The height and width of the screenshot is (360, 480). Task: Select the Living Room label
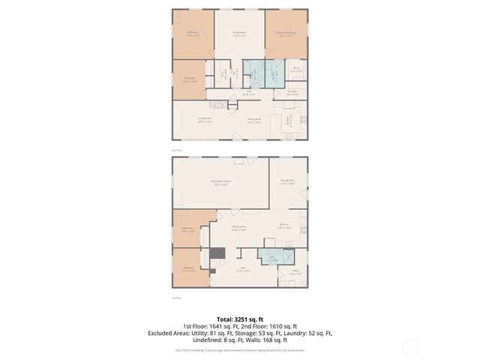coord(204,118)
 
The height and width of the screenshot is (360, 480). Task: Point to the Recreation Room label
coord(220,182)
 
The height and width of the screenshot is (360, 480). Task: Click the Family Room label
coord(238,229)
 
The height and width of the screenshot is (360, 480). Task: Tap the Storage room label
coord(292,93)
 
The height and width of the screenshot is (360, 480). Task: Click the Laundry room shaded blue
coord(255,73)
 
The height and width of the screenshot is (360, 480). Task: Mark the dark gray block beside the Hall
coord(217,255)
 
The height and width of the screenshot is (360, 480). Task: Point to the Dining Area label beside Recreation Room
coord(287,181)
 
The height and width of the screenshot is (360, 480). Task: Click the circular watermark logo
coord(410,347)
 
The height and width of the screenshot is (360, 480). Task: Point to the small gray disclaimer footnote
coord(240,349)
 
